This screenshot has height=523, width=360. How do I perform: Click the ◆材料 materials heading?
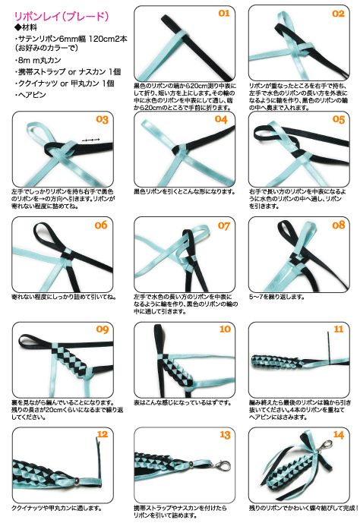27,27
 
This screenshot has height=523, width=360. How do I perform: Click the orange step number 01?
224,14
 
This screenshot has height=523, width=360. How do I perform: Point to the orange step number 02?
338,14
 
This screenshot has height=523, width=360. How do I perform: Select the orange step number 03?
103,120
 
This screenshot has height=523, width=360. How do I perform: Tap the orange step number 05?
338,120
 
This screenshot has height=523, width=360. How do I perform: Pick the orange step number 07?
224,225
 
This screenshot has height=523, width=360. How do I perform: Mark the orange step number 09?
103,329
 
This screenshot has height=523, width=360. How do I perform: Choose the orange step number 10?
224,329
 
